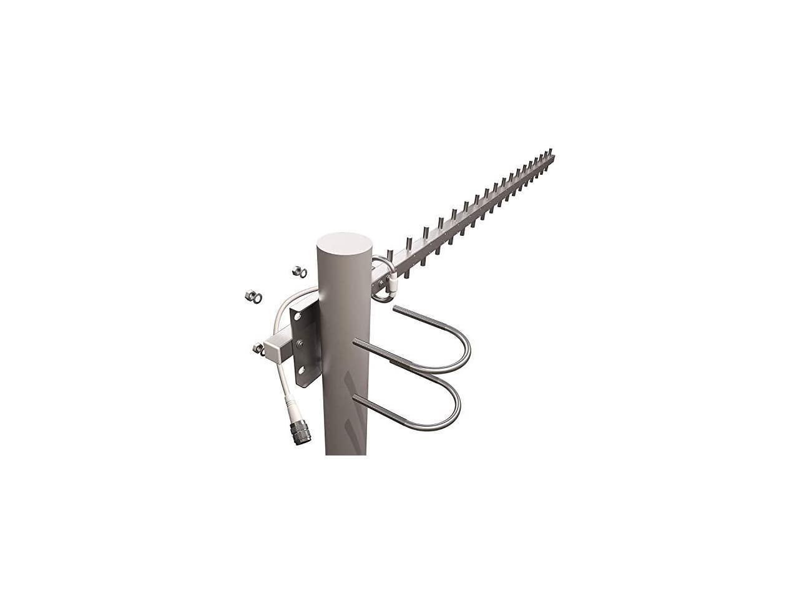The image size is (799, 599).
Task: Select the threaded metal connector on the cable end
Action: [x=299, y=431]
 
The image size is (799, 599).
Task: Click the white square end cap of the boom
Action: [x=272, y=350]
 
